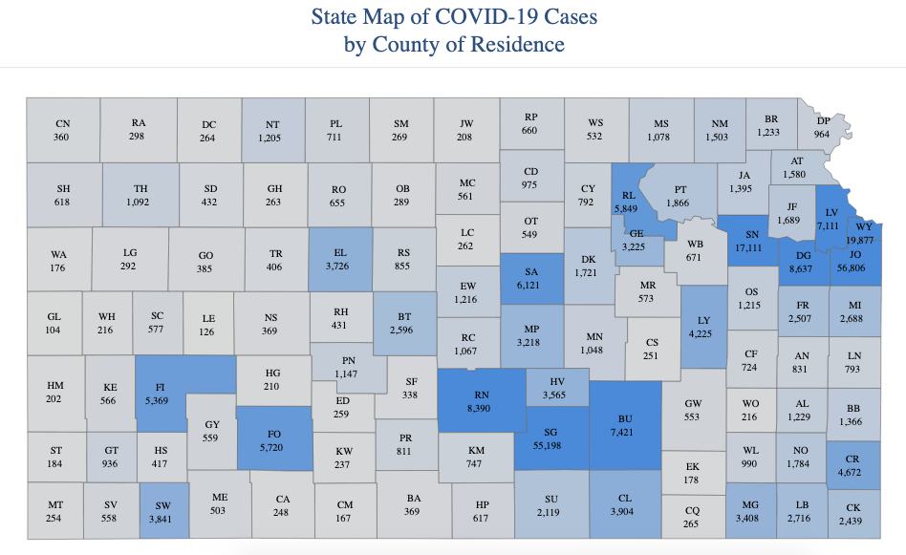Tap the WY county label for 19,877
point(863,233)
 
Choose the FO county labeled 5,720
point(273,439)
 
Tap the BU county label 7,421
point(625,425)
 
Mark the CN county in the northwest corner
point(62,130)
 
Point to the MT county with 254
point(55,510)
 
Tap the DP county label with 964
point(823,129)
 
